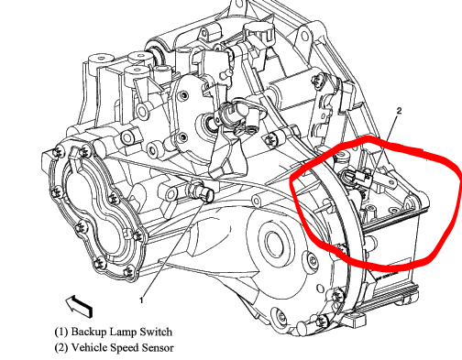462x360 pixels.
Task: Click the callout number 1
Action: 141,300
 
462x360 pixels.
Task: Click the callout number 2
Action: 399,111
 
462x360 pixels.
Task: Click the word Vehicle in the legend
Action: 89,347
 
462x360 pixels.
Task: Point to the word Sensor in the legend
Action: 158,347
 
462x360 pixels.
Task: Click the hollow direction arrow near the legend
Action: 79,305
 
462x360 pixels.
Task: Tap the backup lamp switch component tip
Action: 209,195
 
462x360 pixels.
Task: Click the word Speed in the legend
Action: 125,348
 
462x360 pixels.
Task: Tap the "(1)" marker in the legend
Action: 61,332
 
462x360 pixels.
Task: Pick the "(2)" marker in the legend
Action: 61,348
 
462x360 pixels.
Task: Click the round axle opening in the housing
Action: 276,242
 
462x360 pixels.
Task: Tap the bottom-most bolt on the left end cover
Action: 97,263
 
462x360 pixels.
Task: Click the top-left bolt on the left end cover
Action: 58,152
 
